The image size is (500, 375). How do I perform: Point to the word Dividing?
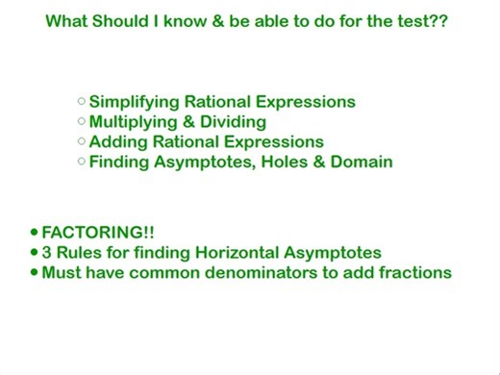233,122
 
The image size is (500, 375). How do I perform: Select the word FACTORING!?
98,233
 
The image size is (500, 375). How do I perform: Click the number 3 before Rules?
47,253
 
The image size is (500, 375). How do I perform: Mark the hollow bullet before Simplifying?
82,100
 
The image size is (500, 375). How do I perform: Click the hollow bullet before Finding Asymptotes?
82,161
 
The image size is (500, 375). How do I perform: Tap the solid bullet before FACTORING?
35,233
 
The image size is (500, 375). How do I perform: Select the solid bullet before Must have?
35,273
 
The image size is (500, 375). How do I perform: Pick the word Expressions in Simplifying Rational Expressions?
306,102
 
